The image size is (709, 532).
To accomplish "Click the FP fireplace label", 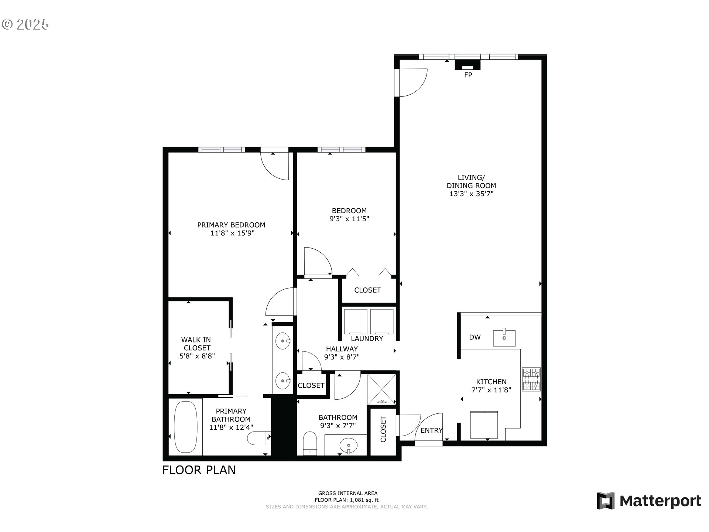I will (x=468, y=75).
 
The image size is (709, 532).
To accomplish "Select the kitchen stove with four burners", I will (x=531, y=379).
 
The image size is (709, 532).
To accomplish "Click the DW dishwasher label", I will (x=475, y=337).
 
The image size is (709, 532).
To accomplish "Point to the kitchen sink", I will (x=504, y=338).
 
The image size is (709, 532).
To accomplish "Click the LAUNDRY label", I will (x=367, y=338).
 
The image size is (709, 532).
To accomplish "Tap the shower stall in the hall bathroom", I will (x=382, y=389).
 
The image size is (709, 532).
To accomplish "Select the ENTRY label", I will (x=431, y=430).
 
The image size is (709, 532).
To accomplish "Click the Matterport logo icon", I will (x=606, y=501).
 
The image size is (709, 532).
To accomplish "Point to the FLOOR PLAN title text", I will (x=199, y=470).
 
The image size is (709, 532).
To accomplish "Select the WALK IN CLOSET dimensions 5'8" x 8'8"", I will (x=197, y=356).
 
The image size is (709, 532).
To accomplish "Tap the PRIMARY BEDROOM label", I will (x=231, y=225).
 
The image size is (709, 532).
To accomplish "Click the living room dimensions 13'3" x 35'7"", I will (x=471, y=194).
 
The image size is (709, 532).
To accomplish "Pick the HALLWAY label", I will (x=342, y=349).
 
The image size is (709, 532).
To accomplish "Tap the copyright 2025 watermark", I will (x=25, y=24).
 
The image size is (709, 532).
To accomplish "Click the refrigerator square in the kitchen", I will (x=484, y=425).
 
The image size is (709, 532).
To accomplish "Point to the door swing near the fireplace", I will (x=412, y=82).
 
